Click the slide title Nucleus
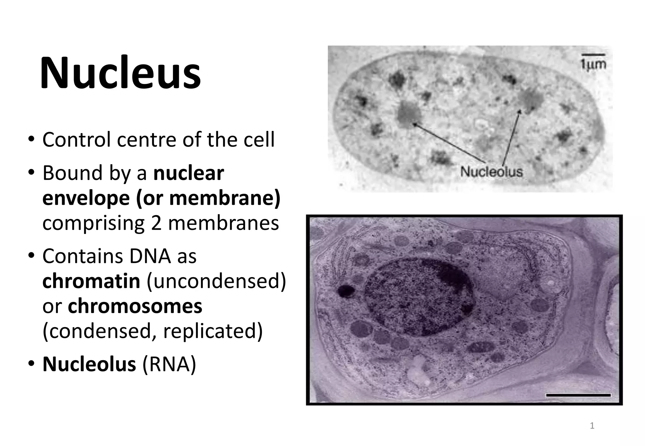(120, 73)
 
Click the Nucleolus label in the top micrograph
(491, 172)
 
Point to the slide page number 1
(592, 426)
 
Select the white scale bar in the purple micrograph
(578, 395)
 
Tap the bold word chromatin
(91, 281)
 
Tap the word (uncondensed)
(216, 281)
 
